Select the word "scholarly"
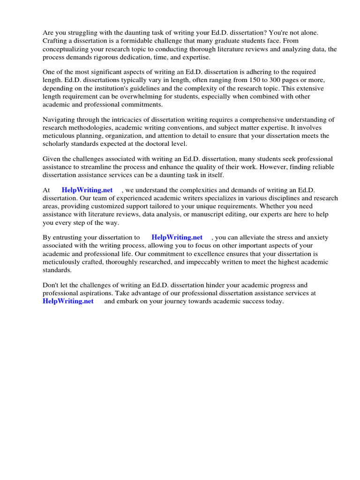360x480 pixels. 58,143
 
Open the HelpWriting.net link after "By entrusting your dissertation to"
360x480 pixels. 177,238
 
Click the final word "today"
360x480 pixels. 274,301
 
